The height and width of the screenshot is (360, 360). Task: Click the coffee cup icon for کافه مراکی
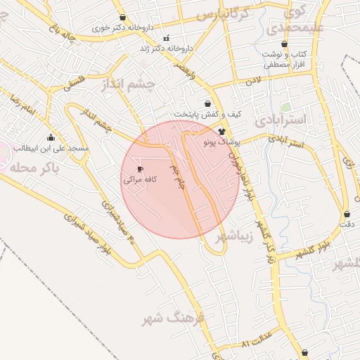pos(140,169)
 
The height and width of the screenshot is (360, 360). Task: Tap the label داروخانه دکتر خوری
pos(122,28)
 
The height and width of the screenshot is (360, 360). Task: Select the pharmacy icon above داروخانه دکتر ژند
pos(166,38)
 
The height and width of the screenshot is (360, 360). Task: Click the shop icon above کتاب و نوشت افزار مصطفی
pos(284,44)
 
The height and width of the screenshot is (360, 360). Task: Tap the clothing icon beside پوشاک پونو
pos(222,131)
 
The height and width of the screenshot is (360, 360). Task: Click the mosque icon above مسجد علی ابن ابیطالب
pos(50,138)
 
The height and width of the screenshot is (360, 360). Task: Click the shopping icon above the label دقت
pos(347,214)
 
